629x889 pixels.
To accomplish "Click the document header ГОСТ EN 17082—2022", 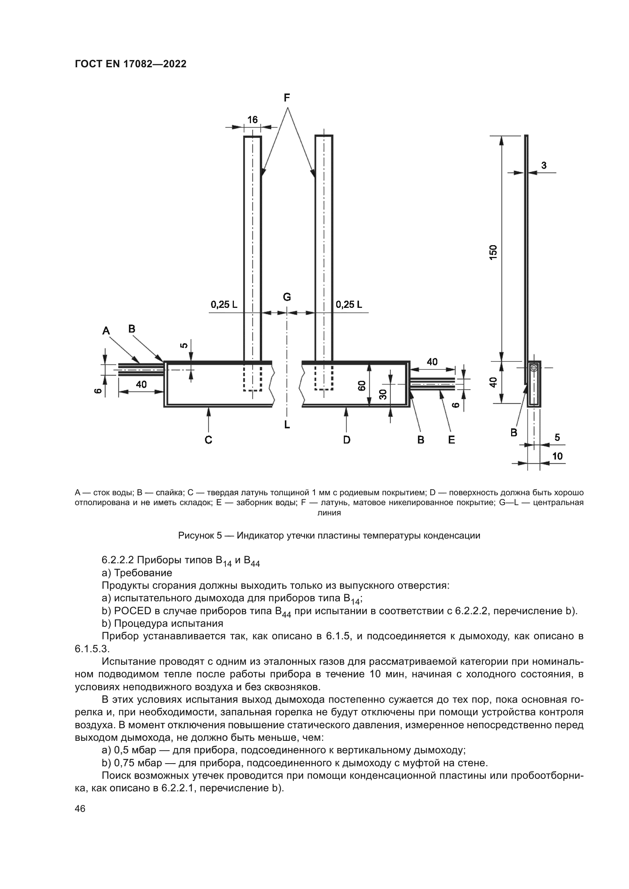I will (130, 64).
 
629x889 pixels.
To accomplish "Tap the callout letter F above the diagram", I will (287, 98).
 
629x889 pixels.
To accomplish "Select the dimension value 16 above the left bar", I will (253, 120).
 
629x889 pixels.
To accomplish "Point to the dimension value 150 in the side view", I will (493, 252).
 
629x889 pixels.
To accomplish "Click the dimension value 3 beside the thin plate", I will (544, 165).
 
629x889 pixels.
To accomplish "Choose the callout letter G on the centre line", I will (287, 297).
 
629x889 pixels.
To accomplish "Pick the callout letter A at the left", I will (106, 331).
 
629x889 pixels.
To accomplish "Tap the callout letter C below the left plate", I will (208, 440).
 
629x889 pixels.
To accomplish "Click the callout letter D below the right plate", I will (347, 440).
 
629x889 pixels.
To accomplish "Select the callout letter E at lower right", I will (451, 440).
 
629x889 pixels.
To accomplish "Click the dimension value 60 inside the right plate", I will (362, 386).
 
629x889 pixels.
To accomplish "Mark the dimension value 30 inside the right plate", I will (383, 394).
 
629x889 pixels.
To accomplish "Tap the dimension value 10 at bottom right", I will (558, 456).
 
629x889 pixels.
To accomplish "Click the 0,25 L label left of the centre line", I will (224, 305).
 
